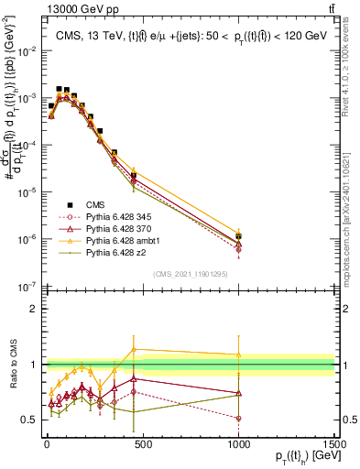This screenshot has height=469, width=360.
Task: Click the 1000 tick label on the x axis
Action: point(238,444)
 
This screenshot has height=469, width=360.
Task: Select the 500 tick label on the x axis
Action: point(142,444)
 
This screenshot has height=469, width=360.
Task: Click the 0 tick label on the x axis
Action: point(46,444)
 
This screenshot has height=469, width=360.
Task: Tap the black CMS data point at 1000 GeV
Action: point(238,236)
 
